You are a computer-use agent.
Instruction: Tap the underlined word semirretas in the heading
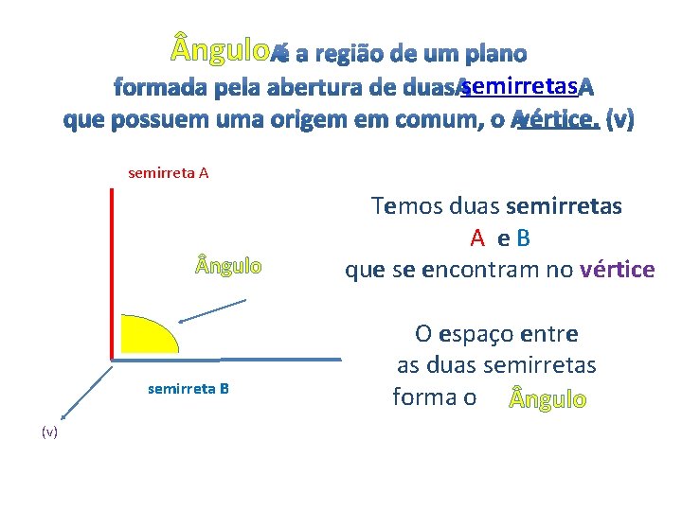(516, 87)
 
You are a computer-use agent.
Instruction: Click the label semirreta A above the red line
(169, 173)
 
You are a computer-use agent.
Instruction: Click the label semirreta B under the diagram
(188, 388)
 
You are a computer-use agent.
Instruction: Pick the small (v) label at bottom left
(49, 432)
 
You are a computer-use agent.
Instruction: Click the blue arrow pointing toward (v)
(85, 390)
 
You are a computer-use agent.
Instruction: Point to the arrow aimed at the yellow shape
(213, 311)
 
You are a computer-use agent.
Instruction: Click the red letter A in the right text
(478, 238)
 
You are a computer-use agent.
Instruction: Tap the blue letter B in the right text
(522, 238)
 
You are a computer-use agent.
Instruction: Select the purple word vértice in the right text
(618, 270)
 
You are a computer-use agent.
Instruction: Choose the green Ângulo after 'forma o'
(548, 399)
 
